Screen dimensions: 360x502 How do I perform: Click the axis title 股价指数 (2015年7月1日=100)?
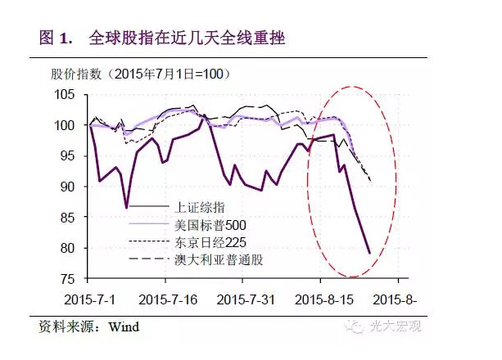pyautogui.click(x=135, y=74)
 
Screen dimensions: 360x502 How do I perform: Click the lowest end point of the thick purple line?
pyautogui.click(x=369, y=254)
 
